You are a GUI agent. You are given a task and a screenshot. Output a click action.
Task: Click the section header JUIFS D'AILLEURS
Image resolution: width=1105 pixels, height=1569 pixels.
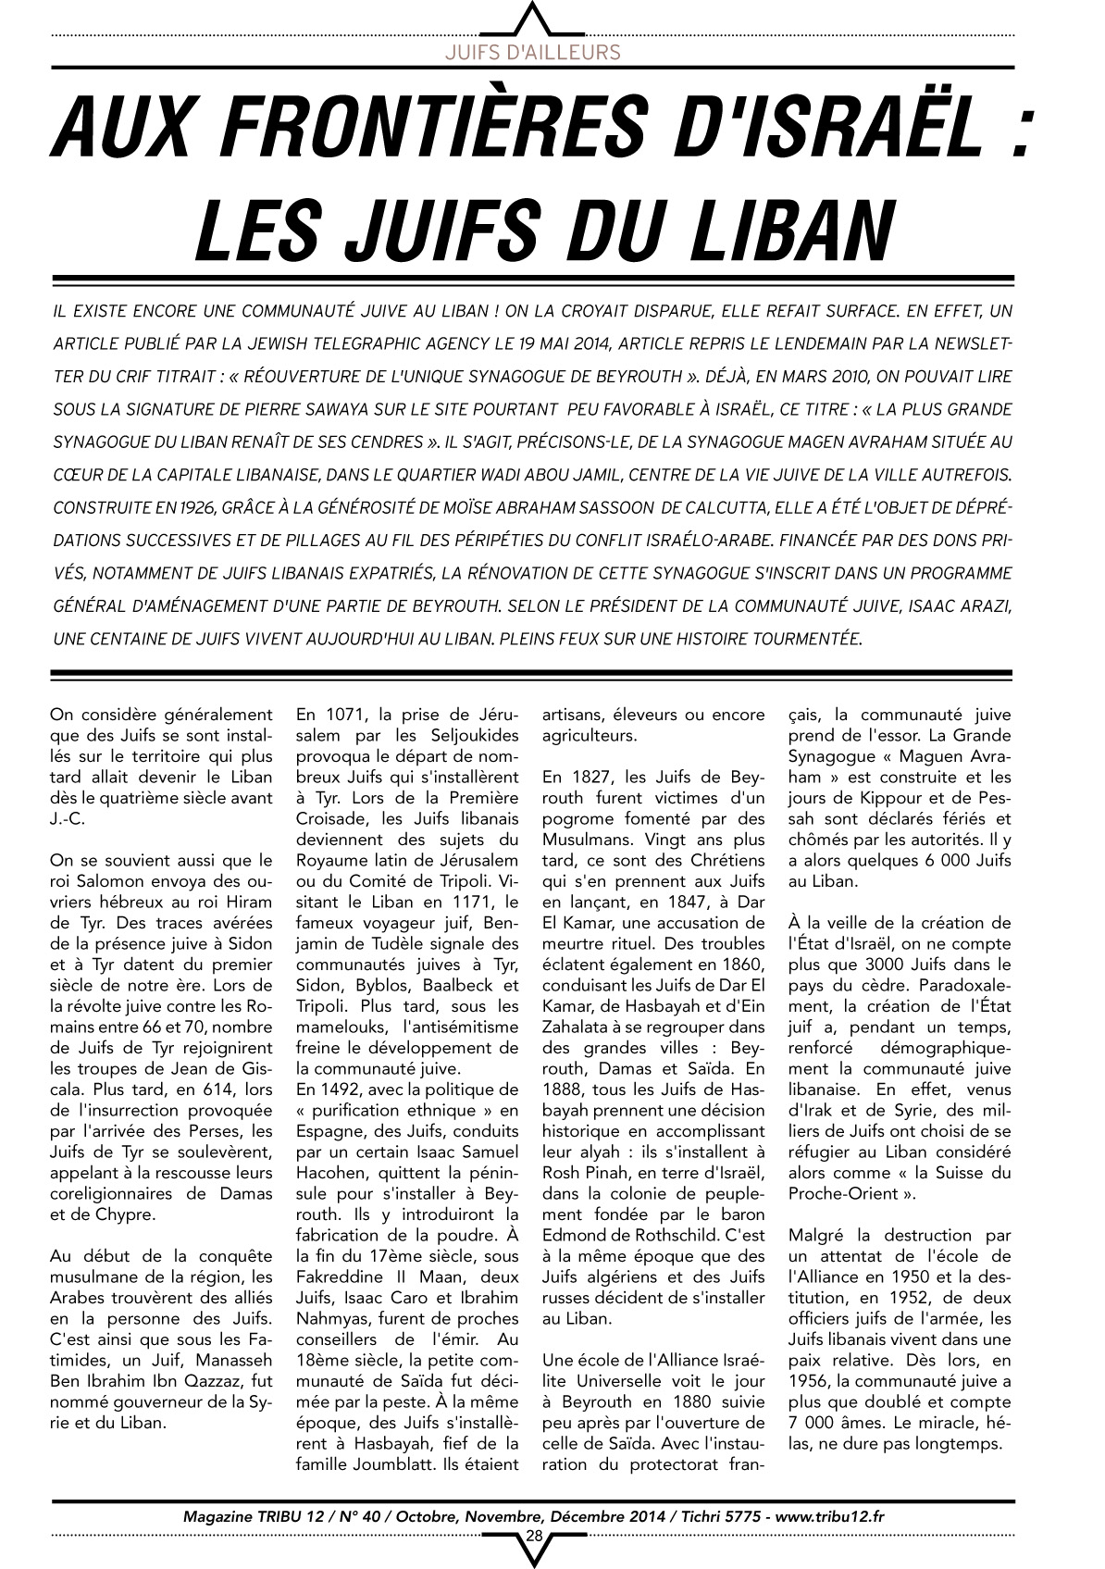[532, 52]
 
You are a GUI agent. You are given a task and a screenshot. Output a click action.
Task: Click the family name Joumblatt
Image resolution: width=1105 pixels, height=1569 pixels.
[390, 1464]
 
